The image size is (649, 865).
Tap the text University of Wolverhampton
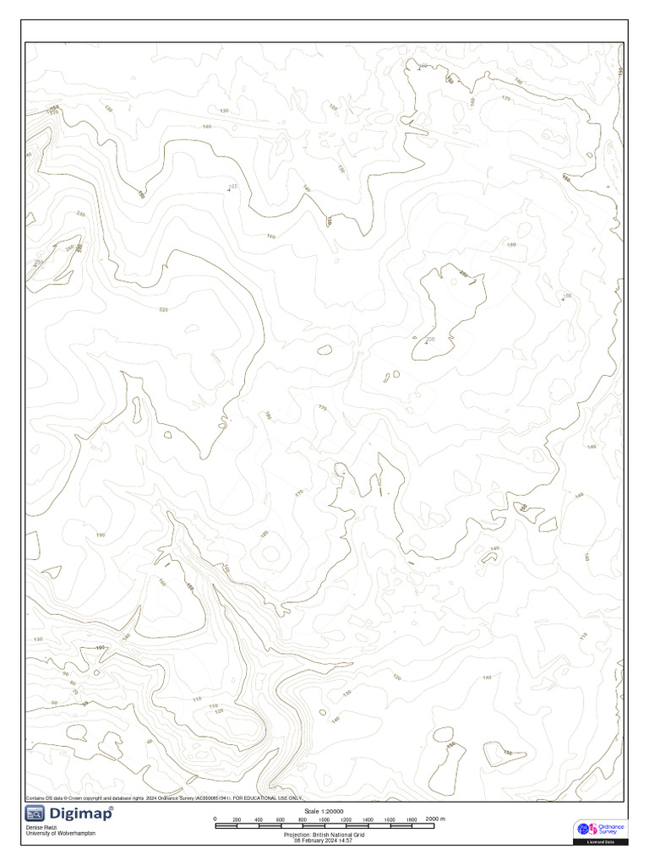[x=61, y=834]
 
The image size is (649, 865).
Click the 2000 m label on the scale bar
[x=434, y=819]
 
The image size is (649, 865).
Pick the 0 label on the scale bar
[x=215, y=819]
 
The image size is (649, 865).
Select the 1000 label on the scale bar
[x=324, y=819]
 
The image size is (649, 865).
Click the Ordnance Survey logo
[x=600, y=829]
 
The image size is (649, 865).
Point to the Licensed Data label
[x=600, y=842]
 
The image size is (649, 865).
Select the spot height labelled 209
[x=430, y=340]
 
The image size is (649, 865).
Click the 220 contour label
[x=163, y=309]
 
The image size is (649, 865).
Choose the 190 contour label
[x=101, y=536]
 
